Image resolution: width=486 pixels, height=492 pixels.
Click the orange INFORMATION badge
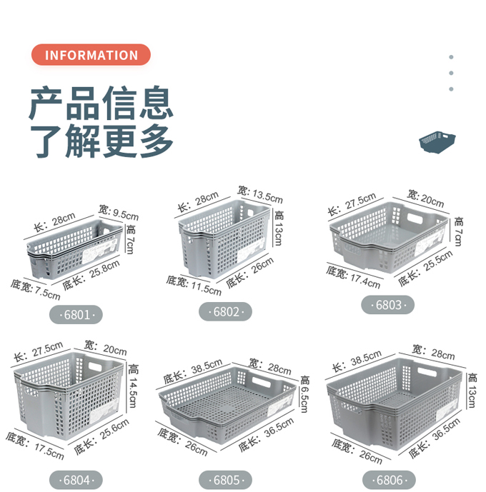tap(91, 55)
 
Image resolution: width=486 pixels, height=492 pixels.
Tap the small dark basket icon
tap(437, 141)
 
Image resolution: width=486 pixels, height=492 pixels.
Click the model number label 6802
tap(226, 312)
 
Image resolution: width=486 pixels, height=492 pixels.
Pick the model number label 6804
tap(76, 480)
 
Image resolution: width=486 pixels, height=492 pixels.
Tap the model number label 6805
tap(226, 479)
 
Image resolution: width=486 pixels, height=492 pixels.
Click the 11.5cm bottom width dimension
tap(194, 285)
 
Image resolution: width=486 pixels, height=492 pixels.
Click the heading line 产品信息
tap(101, 104)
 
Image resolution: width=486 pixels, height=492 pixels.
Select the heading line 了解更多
tap(101, 141)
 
